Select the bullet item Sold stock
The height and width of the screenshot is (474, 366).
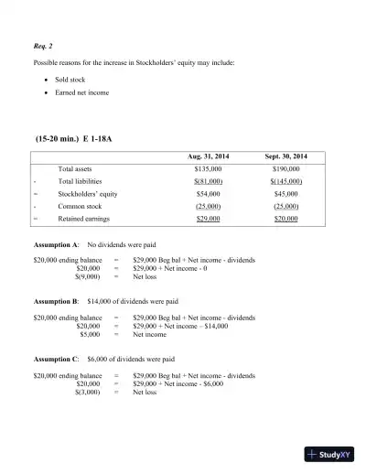(64, 80)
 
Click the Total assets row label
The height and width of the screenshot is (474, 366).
(78, 169)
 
